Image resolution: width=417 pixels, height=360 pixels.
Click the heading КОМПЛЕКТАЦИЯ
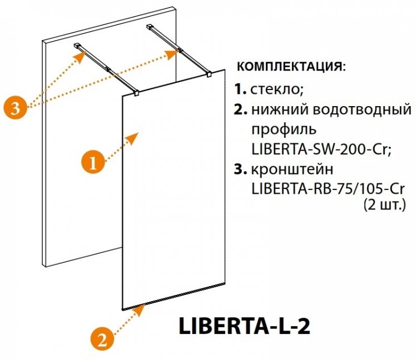pyautogui.click(x=291, y=67)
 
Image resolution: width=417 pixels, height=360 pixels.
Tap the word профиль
pyautogui.click(x=284, y=130)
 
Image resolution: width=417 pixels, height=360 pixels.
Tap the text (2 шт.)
pyautogui.click(x=384, y=204)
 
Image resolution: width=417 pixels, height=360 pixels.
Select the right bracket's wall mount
pyautogui.click(x=151, y=27)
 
